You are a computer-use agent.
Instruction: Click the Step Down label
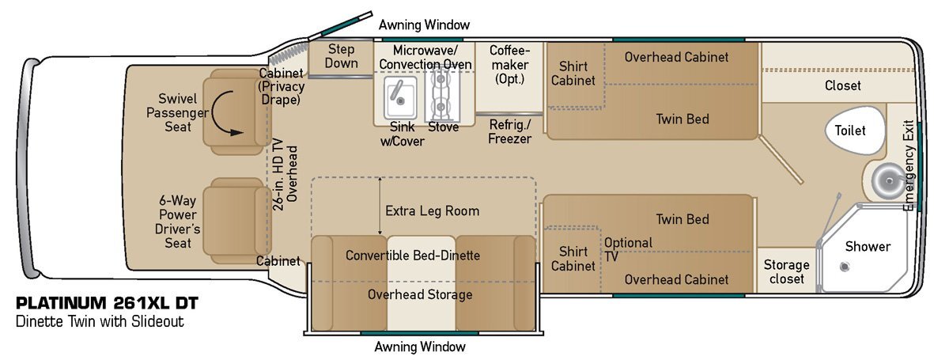click(x=342, y=55)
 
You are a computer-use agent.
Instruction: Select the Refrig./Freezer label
click(x=509, y=131)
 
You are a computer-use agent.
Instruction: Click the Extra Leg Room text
click(x=432, y=211)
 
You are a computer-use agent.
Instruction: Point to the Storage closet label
click(x=786, y=272)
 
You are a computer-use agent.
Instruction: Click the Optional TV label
click(x=629, y=250)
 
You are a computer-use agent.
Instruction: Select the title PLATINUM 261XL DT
click(x=107, y=303)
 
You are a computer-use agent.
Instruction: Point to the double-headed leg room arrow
click(x=380, y=207)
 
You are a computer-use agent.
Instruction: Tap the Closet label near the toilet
click(x=843, y=85)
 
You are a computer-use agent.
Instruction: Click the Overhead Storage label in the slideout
click(x=420, y=294)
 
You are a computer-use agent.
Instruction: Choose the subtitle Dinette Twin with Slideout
click(x=99, y=323)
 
